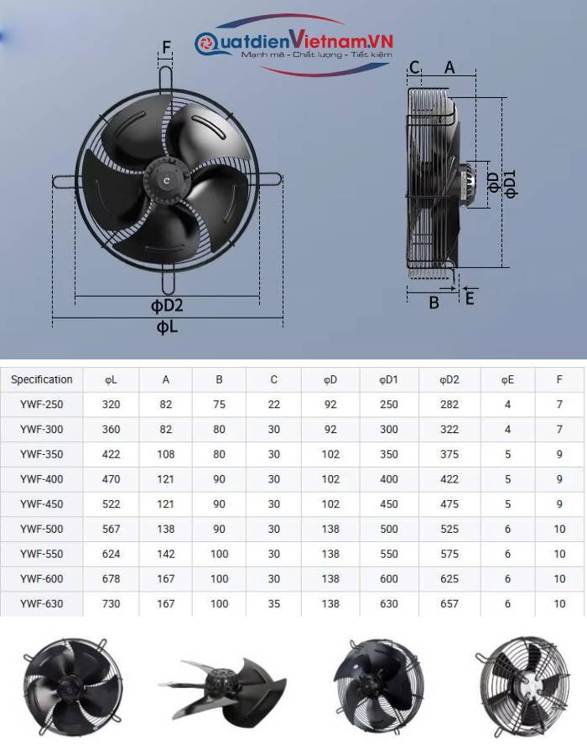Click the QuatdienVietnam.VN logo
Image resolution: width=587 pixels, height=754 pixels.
tap(294, 44)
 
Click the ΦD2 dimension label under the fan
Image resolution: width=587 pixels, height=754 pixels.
tap(167, 305)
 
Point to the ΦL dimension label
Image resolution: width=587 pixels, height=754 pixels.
tap(167, 327)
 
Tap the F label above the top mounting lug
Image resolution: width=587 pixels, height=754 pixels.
tap(167, 47)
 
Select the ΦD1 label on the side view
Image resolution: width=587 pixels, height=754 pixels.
tap(510, 183)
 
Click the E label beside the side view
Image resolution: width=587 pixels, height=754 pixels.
tap(470, 298)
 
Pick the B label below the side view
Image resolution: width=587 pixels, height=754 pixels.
tap(434, 302)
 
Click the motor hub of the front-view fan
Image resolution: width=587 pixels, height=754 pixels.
tap(167, 180)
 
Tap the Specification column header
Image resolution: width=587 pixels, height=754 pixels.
tap(42, 380)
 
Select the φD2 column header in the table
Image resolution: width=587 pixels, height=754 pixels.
tap(449, 380)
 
